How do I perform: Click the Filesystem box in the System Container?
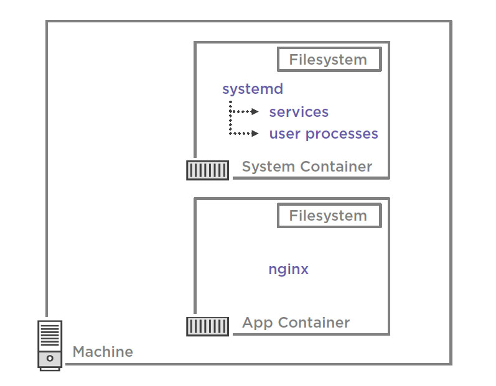pyautogui.click(x=329, y=60)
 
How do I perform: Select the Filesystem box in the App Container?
pyautogui.click(x=329, y=216)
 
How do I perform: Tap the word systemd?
pyautogui.click(x=253, y=89)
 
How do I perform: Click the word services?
pyautogui.click(x=299, y=112)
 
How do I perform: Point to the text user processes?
pyautogui.click(x=324, y=134)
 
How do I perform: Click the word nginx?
pyautogui.click(x=289, y=270)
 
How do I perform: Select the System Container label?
pyautogui.click(x=307, y=167)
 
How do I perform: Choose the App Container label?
pyautogui.click(x=296, y=323)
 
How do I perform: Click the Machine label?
pyautogui.click(x=103, y=352)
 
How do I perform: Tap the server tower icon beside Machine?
pyautogui.click(x=50, y=345)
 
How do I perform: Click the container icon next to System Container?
pyautogui.click(x=207, y=170)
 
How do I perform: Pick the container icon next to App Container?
pyautogui.click(x=207, y=326)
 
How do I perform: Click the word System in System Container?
pyautogui.click(x=269, y=167)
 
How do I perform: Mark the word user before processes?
pyautogui.click(x=285, y=134)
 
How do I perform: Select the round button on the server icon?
pyautogui.click(x=50, y=359)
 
